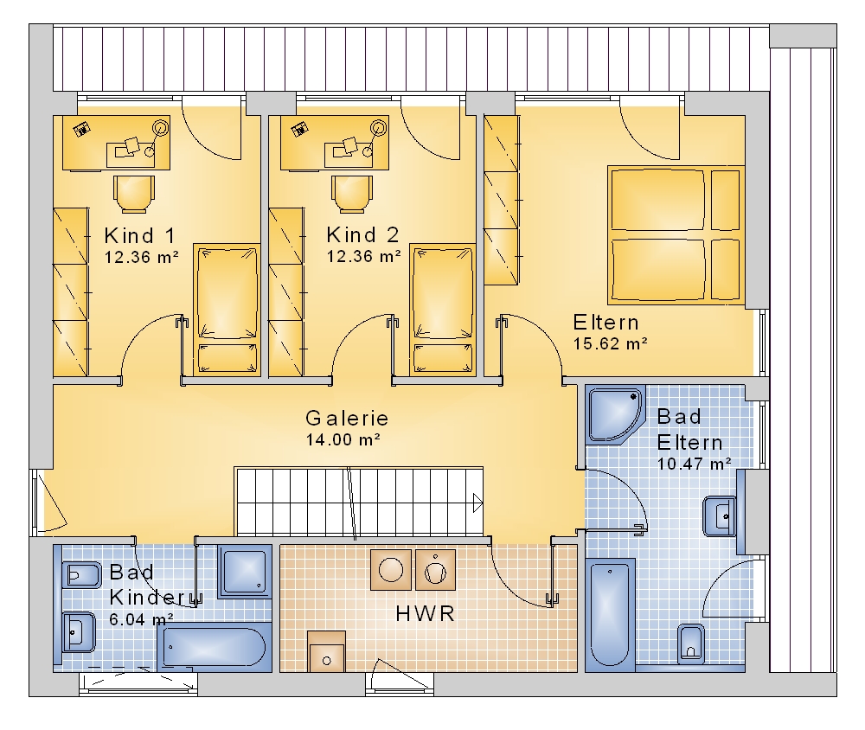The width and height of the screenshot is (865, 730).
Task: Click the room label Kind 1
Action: coord(140,235)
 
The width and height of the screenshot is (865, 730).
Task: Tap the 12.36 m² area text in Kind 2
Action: coord(364,257)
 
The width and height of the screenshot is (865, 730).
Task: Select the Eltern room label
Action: coord(605,323)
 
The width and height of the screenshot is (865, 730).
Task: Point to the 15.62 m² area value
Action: coord(610,343)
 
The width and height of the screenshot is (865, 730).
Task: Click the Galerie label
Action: coord(347,419)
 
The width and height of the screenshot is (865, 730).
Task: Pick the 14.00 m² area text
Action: coord(343,439)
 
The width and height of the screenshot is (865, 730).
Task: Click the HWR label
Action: coord(426,613)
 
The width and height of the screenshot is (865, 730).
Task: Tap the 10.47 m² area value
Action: coord(695,464)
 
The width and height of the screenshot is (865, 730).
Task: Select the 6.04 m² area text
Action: coord(141,619)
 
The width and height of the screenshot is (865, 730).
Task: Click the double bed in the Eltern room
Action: coord(676,235)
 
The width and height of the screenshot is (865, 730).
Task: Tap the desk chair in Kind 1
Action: coord(133,195)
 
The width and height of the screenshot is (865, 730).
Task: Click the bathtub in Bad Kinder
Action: coord(215,647)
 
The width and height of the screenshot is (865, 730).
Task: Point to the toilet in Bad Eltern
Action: coord(691,643)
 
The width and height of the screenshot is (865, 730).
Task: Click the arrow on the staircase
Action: coord(477,503)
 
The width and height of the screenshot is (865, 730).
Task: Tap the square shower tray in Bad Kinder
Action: coord(245,572)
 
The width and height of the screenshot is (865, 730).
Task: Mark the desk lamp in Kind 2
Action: coord(379,128)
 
